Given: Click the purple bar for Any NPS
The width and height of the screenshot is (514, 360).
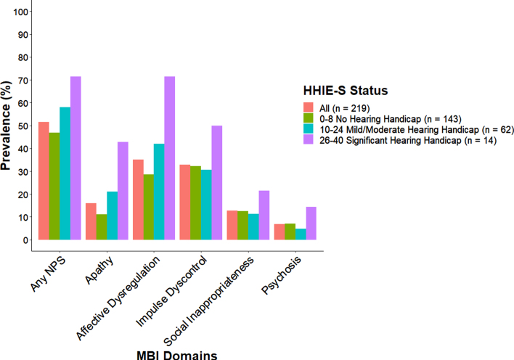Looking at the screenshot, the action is click(76, 158).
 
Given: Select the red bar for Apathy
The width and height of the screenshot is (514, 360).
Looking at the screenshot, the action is click(91, 221).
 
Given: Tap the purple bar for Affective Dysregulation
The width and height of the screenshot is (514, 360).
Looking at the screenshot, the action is click(170, 158).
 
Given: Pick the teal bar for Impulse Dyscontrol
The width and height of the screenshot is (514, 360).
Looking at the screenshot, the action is click(206, 205).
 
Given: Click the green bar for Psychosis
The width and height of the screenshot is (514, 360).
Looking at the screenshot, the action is click(290, 232).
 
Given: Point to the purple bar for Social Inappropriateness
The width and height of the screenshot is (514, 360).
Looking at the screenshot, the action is click(264, 216).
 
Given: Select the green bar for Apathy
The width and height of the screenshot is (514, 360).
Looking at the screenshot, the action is click(102, 227).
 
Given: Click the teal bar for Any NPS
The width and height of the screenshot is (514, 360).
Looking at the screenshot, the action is click(65, 173).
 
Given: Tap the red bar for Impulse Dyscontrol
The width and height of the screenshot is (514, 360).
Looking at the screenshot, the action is click(185, 202).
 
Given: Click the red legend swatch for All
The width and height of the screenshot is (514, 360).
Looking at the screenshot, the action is click(309, 107).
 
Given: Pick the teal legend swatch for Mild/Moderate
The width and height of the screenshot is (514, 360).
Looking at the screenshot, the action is click(309, 129).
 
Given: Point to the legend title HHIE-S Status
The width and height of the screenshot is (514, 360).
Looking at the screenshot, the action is click(346, 91).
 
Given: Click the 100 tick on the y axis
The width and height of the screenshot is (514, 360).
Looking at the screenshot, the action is click(30, 12).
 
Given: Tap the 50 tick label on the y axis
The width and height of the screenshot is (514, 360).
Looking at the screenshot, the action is click(23, 126).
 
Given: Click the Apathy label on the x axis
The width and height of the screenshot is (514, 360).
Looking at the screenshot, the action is click(99, 270).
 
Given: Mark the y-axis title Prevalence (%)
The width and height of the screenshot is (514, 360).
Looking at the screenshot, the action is click(6, 126).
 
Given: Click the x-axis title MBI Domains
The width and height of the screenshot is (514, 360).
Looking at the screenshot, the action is click(176, 355).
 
